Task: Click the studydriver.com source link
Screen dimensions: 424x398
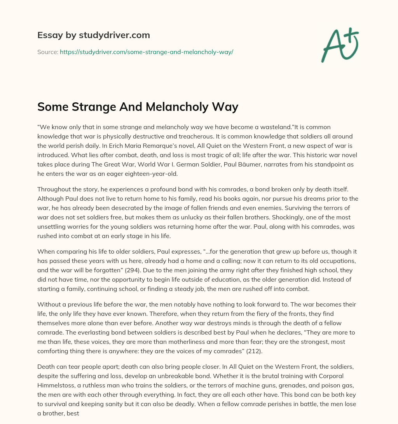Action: [x=147, y=52]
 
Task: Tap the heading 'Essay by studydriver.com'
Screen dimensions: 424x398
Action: [x=93, y=35]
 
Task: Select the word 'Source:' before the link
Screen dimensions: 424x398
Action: [x=47, y=52]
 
